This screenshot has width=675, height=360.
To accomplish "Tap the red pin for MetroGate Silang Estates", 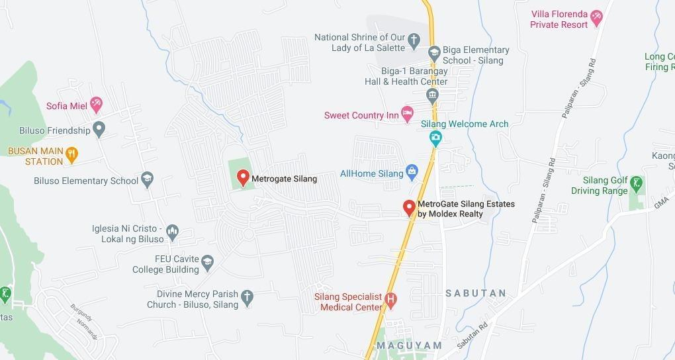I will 410,208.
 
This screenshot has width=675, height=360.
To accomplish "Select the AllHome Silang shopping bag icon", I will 412,173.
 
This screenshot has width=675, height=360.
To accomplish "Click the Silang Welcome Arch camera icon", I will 435,138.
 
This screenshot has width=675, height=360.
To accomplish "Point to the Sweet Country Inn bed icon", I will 408,114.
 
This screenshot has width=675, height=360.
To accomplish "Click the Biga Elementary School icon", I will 434,52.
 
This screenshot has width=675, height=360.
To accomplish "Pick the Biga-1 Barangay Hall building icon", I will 433,95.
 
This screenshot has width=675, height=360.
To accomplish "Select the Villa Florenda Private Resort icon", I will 596,17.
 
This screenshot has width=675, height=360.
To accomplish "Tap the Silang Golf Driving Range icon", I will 636,183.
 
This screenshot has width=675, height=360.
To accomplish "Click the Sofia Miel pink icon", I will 97,104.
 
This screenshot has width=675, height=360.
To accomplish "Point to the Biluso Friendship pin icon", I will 99,129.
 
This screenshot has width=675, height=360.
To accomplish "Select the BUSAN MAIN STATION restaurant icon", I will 72,154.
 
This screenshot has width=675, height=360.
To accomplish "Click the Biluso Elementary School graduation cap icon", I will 147,179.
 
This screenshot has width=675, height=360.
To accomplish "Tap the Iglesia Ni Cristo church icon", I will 173,232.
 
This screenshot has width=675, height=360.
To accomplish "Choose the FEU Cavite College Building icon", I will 208,262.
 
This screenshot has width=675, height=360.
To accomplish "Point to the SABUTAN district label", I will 476,293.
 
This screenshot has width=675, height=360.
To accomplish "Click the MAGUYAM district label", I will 409,345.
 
